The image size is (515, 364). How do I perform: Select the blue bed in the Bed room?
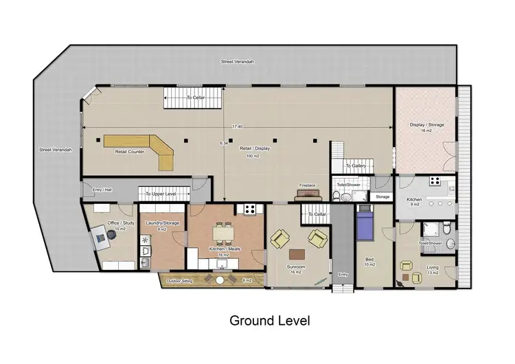[364, 225]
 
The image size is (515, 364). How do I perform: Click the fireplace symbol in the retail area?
[307, 196]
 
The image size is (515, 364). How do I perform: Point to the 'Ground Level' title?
[269, 320]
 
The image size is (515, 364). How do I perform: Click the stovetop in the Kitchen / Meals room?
[250, 209]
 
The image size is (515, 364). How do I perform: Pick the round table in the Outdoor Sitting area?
[220, 279]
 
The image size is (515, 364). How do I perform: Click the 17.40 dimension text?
[238, 126]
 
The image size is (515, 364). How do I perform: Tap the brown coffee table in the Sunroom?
[297, 251]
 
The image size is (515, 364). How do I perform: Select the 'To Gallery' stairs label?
[356, 166]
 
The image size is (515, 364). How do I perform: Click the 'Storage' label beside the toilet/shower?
[382, 197]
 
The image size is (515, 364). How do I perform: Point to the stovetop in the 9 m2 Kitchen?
[434, 181]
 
